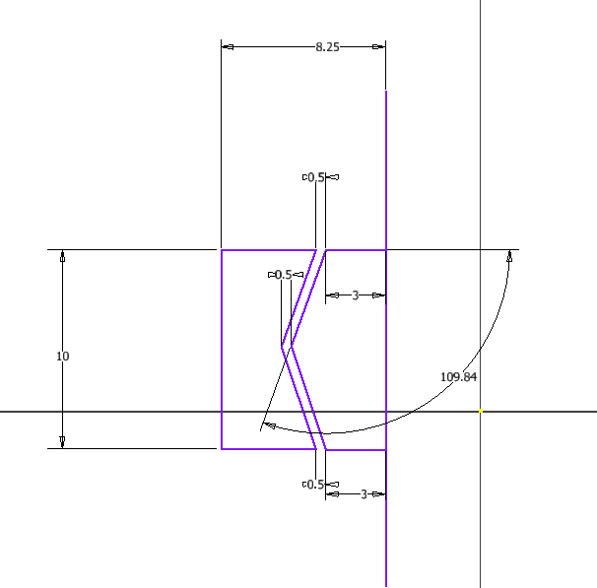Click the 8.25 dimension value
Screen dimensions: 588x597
(327, 46)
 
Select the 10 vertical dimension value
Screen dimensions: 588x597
(63, 357)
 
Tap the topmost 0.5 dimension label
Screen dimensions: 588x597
(316, 177)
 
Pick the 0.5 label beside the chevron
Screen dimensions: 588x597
(283, 275)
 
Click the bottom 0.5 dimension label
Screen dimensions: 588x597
(316, 485)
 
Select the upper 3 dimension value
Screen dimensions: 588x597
(356, 294)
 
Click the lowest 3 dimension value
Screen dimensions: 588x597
(364, 494)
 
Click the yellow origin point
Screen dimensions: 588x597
(480, 412)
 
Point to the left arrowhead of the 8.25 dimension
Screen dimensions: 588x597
(228, 46)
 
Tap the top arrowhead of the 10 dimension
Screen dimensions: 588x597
(63, 256)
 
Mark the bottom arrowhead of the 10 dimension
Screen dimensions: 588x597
(63, 442)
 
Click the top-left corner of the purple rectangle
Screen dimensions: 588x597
(222, 250)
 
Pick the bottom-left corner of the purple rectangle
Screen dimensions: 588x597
(222, 449)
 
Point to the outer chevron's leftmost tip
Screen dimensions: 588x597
(282, 347)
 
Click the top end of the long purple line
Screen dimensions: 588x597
(385, 92)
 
